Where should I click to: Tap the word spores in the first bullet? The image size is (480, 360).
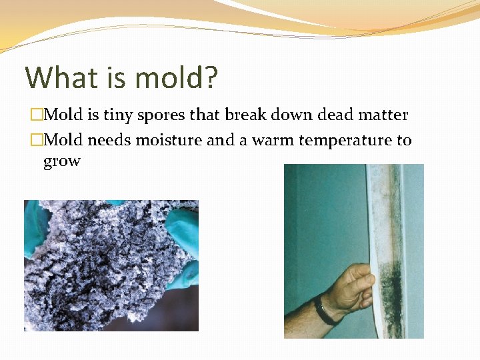point(161,115)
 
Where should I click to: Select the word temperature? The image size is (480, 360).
point(346,141)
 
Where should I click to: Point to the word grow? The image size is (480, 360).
point(61,161)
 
